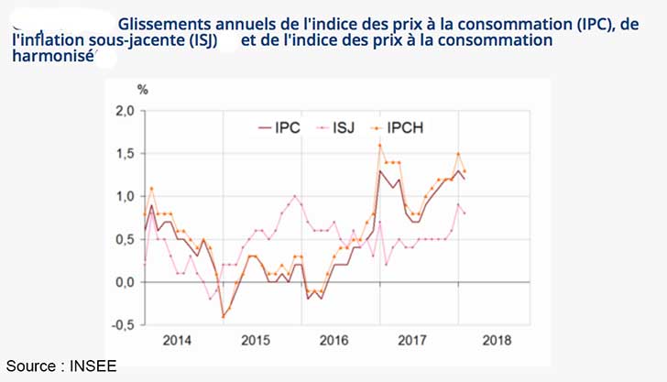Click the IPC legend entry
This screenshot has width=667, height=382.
tap(279, 128)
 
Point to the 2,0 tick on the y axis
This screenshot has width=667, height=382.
tap(124, 111)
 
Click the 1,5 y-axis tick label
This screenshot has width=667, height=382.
tap(124, 154)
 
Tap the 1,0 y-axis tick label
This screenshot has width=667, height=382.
tap(124, 196)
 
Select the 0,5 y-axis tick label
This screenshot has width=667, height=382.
tap(124, 239)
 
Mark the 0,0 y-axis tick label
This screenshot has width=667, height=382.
tap(124, 282)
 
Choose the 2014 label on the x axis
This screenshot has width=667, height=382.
tap(177, 340)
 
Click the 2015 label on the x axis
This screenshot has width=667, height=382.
tap(255, 340)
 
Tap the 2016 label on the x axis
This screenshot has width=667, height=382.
tap(334, 340)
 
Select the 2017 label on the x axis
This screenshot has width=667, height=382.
tap(413, 340)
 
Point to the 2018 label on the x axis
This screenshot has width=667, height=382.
tap(492, 340)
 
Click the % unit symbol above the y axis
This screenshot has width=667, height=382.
tap(142, 90)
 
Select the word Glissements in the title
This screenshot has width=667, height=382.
tap(165, 24)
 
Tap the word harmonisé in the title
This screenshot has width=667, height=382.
tap(53, 57)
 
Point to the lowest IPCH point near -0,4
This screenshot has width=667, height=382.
tap(223, 316)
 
